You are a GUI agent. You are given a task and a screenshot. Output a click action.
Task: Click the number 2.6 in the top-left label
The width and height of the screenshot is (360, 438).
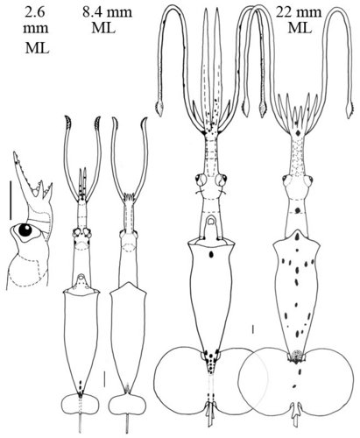click(x=35, y=12)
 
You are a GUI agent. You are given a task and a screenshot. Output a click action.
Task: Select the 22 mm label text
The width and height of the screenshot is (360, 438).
click(x=299, y=12)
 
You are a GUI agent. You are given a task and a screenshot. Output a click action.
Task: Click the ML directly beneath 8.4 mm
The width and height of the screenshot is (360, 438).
click(x=103, y=28)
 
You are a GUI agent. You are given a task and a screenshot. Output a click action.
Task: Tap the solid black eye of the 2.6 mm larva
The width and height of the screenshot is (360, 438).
click(x=25, y=230)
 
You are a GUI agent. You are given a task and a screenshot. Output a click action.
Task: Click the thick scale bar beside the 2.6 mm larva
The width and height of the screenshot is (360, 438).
click(x=11, y=200)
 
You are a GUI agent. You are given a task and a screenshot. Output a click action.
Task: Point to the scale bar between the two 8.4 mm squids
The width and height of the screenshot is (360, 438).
click(x=104, y=379)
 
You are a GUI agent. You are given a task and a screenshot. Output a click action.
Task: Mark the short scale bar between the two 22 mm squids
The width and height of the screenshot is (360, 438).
click(x=252, y=330)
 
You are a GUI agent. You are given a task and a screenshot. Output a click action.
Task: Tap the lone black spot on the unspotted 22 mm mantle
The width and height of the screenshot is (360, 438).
click(x=210, y=255)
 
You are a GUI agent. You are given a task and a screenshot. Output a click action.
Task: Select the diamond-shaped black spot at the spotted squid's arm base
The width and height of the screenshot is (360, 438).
click(x=298, y=133)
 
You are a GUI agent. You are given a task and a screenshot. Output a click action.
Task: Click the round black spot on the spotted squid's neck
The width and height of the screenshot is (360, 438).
click(x=298, y=209)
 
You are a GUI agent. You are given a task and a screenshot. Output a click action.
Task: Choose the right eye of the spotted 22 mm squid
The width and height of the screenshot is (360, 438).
click(x=308, y=180)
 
